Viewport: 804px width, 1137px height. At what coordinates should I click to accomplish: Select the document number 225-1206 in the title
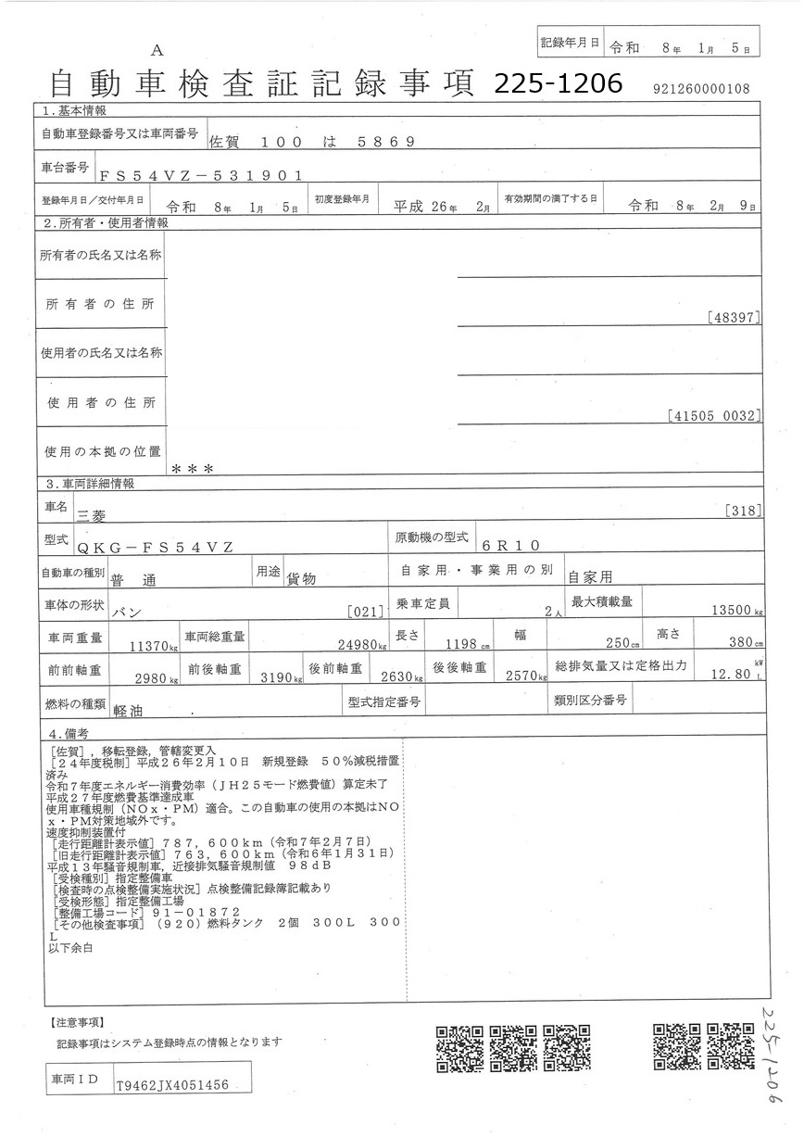[558, 84]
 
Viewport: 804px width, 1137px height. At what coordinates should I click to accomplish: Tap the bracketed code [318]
[745, 510]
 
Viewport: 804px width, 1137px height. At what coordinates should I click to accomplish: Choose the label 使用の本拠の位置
[102, 450]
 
